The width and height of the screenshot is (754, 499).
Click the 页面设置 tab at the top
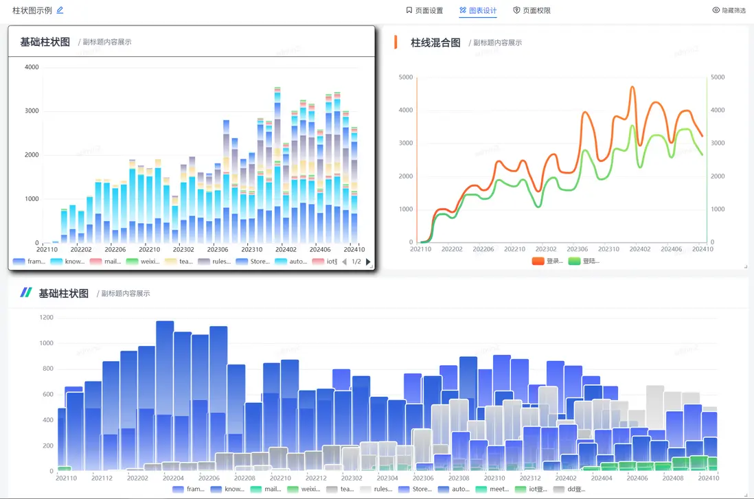point(424,11)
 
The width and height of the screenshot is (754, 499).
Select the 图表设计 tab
point(478,11)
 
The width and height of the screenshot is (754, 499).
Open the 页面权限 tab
point(532,11)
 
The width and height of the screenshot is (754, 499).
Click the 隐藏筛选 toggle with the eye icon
point(729,11)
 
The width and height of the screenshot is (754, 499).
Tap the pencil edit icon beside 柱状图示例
point(60,10)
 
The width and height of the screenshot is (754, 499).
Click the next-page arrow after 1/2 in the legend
point(368,262)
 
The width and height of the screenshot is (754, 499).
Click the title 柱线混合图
point(435,43)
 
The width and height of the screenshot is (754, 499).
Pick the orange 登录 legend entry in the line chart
point(547,261)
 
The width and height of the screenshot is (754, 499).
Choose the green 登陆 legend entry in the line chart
point(584,261)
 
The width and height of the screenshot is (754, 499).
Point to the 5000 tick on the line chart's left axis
point(406,78)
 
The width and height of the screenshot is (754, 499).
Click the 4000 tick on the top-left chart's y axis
point(32,67)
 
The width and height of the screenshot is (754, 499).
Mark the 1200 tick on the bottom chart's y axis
point(46,318)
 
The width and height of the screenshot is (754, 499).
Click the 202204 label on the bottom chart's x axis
point(174,478)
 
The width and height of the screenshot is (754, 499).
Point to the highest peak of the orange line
point(632,87)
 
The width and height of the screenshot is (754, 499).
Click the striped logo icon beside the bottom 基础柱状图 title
point(26,292)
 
